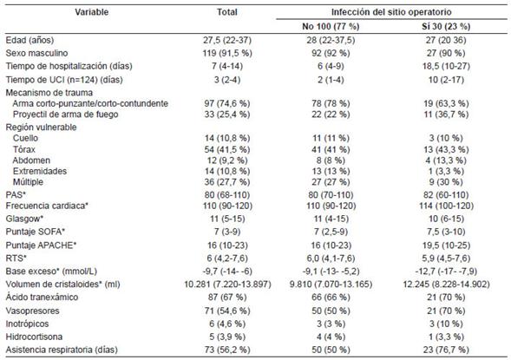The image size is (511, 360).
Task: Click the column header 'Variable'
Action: tap(92, 12)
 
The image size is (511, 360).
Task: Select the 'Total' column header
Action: tap(227, 12)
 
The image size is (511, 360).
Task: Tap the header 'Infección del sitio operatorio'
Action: tap(391, 12)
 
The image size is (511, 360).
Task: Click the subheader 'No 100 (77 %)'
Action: tap(331, 26)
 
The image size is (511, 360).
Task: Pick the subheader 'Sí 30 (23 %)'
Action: tap(446, 26)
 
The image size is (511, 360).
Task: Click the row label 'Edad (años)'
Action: tap(29, 41)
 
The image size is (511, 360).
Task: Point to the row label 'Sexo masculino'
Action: tap(36, 53)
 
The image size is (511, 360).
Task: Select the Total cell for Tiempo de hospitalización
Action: tap(227, 66)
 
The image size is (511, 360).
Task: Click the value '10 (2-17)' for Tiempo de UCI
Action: tap(446, 80)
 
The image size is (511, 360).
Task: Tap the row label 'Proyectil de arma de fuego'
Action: tap(66, 115)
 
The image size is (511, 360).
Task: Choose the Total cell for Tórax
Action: tap(227, 149)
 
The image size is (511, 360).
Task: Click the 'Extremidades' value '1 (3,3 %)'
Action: tap(446, 172)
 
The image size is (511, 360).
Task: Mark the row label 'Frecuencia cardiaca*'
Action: tap(47, 206)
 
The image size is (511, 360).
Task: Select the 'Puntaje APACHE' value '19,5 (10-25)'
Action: tap(446, 245)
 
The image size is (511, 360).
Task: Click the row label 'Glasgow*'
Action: tap(24, 219)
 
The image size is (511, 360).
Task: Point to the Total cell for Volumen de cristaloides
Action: tap(227, 285)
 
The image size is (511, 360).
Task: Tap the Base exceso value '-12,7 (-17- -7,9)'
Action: tap(446, 272)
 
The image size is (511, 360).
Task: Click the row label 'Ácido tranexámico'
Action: tap(42, 298)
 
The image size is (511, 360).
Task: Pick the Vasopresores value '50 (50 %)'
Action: tap(331, 311)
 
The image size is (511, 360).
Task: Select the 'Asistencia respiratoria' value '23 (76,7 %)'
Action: tap(446, 350)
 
